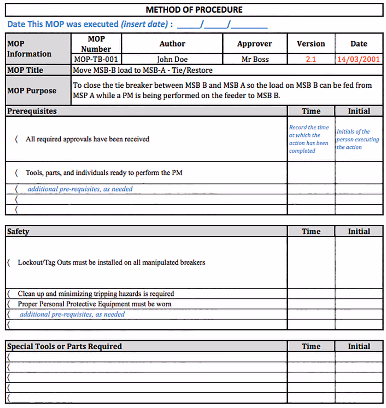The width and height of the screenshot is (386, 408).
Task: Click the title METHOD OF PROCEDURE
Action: click(194, 10)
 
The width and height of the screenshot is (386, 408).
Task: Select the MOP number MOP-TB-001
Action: click(96, 59)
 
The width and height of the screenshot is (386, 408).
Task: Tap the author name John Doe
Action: click(172, 59)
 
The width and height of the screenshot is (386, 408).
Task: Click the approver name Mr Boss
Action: click(255, 59)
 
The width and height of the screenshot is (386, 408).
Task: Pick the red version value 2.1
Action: click(311, 59)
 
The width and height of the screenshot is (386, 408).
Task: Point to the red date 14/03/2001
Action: click(359, 59)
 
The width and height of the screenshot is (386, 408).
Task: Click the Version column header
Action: click(311, 44)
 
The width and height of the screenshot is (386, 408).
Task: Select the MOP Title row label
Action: click(25, 70)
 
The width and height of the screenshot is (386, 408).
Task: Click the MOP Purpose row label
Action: click(32, 91)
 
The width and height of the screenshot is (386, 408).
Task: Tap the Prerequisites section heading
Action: click(32, 111)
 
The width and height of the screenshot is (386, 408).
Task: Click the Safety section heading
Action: click(18, 232)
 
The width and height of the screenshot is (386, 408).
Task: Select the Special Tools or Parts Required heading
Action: click(64, 346)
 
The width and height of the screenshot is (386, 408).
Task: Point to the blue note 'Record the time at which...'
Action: click(309, 139)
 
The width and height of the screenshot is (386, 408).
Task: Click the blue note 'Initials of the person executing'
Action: click(357, 139)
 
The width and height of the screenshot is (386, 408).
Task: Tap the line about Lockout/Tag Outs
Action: click(111, 262)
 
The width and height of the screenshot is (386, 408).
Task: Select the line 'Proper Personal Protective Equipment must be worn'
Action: click(95, 304)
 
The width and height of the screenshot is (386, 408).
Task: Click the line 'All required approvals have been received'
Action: click(87, 139)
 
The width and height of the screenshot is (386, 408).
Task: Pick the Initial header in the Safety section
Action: click(359, 232)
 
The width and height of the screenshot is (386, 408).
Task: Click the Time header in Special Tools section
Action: click(311, 346)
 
